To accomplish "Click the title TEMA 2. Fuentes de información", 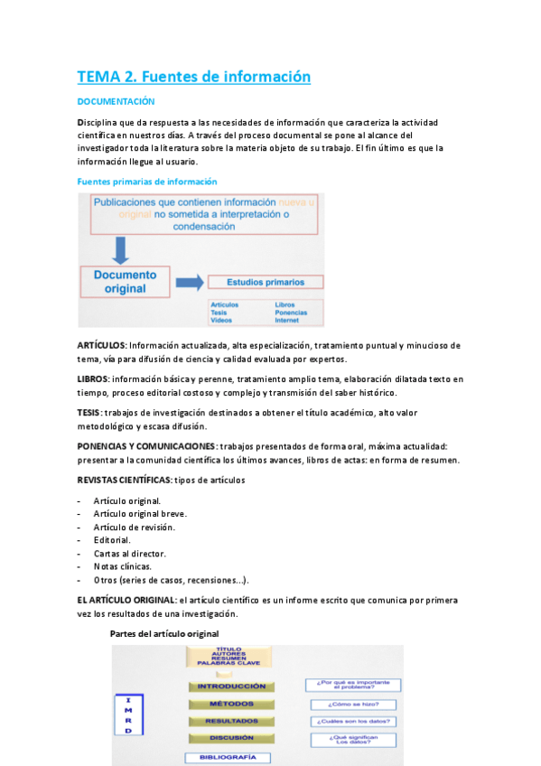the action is pyautogui.click(x=193, y=77).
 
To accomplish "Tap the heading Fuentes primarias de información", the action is pyautogui.click(x=146, y=182).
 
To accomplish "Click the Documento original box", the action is pyautogui.click(x=125, y=281).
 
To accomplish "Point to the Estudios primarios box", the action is pyautogui.click(x=265, y=282).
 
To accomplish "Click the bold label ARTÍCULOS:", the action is pyautogui.click(x=102, y=345).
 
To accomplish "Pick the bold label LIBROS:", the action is pyautogui.click(x=93, y=378).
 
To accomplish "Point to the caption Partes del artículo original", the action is pyautogui.click(x=163, y=633).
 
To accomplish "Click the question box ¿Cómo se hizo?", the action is pyautogui.click(x=355, y=705).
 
